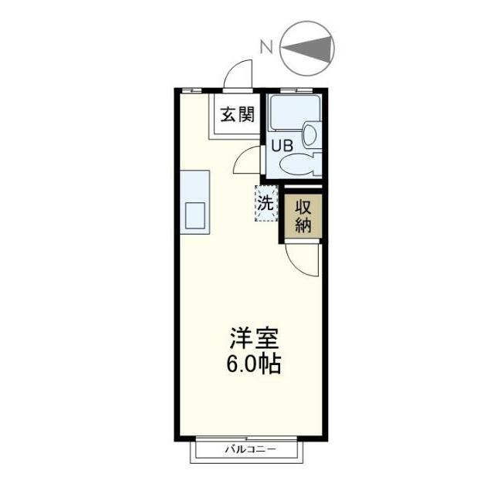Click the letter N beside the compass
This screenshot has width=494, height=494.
[266, 46]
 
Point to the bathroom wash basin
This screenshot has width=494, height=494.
[311, 135]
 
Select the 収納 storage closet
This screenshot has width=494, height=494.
[301, 217]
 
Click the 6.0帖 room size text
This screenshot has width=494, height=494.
[252, 364]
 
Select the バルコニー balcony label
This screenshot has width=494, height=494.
[249, 449]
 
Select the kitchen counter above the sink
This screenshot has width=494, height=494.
[195, 185]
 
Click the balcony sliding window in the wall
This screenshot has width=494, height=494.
[250, 438]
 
